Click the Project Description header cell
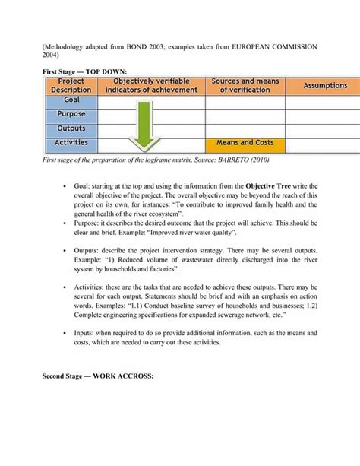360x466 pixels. coord(71,85)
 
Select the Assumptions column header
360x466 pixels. coord(325,86)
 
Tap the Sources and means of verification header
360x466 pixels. coord(245,85)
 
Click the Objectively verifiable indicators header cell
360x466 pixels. coord(151,85)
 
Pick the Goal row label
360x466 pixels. coord(71,100)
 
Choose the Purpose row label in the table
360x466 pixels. coord(71,114)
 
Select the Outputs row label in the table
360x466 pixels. coord(71,128)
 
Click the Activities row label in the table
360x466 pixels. coord(71,142)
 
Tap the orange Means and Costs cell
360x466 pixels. coord(245,142)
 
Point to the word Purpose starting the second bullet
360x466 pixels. coord(87,224)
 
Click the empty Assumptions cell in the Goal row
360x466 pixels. coord(325,100)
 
